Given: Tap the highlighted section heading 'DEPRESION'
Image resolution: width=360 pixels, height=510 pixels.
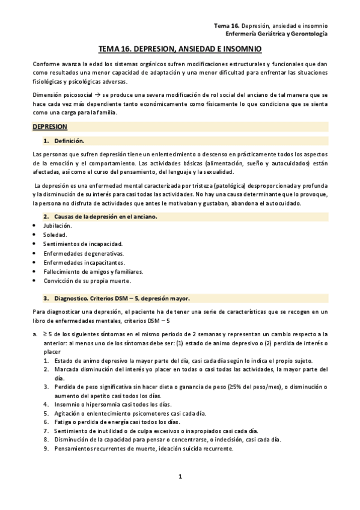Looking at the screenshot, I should [x=50, y=127].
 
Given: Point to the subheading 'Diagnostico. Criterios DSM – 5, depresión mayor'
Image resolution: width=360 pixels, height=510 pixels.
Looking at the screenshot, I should [x=122, y=298].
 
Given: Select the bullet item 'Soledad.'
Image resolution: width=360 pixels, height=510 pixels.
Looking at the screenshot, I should [x=55, y=235].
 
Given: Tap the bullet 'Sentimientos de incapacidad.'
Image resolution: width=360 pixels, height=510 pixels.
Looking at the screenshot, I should [x=82, y=244].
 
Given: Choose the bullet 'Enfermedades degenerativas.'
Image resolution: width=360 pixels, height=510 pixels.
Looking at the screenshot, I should [x=82, y=253].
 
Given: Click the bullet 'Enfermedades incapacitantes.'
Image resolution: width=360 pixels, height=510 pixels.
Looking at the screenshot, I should [x=84, y=263].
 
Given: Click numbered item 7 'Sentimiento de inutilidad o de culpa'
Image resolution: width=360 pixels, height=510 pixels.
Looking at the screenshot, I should [x=156, y=431].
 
